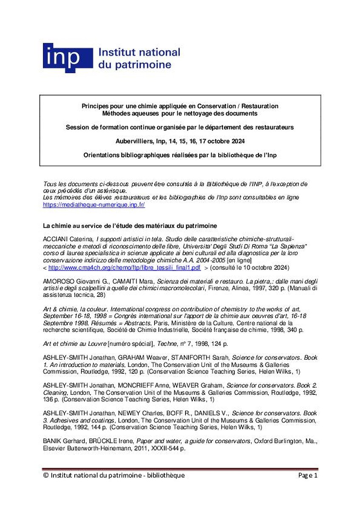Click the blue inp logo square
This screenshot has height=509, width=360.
(67, 58)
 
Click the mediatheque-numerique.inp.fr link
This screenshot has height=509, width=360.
(94, 204)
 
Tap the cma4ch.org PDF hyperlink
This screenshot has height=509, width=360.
(124, 268)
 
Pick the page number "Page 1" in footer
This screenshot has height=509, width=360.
(307, 475)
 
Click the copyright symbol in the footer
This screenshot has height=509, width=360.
(46, 475)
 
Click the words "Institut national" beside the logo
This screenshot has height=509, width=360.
(139, 53)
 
